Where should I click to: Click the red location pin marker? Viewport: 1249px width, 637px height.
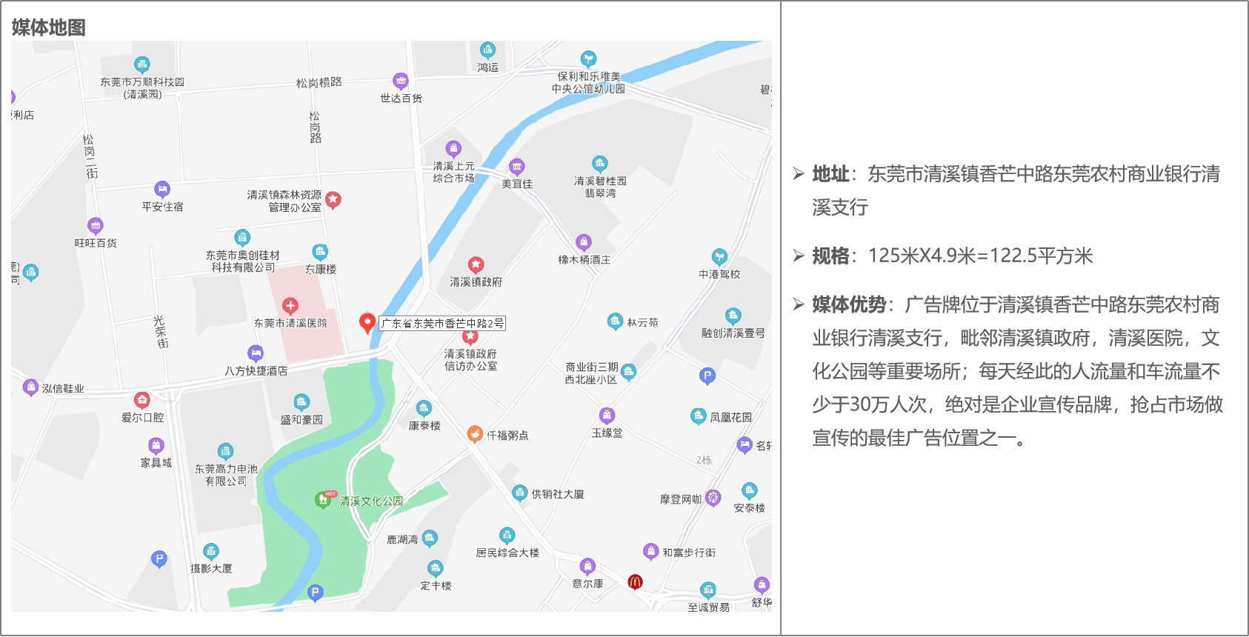(x=366, y=322)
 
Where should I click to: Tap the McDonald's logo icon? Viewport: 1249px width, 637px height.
(x=635, y=581)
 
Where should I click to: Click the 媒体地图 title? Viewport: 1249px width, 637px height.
(x=49, y=27)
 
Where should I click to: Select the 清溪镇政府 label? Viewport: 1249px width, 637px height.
(x=476, y=281)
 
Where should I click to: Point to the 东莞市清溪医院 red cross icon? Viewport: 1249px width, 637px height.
(x=290, y=305)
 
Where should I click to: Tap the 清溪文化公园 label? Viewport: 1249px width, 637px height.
(x=371, y=501)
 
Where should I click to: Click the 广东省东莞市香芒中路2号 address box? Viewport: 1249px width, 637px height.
(x=442, y=323)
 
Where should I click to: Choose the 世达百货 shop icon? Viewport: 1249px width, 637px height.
(x=400, y=80)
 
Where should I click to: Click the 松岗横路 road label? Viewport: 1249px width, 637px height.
(x=319, y=82)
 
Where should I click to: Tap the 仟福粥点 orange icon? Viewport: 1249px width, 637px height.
(x=475, y=434)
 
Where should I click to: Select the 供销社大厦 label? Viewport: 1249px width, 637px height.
(x=558, y=493)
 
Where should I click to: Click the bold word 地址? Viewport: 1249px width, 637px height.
(x=830, y=174)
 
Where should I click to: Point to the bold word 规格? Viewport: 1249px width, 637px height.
(x=830, y=256)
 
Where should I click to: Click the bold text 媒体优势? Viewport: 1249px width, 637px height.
(x=849, y=304)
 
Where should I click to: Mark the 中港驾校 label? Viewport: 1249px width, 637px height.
(x=719, y=274)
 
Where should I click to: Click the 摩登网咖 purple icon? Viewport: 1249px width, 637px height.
(x=713, y=498)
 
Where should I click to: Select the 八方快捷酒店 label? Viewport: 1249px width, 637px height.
(x=256, y=370)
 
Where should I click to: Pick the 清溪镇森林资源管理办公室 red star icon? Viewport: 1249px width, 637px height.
(x=333, y=199)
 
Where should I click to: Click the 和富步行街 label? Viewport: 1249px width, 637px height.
(x=689, y=553)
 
